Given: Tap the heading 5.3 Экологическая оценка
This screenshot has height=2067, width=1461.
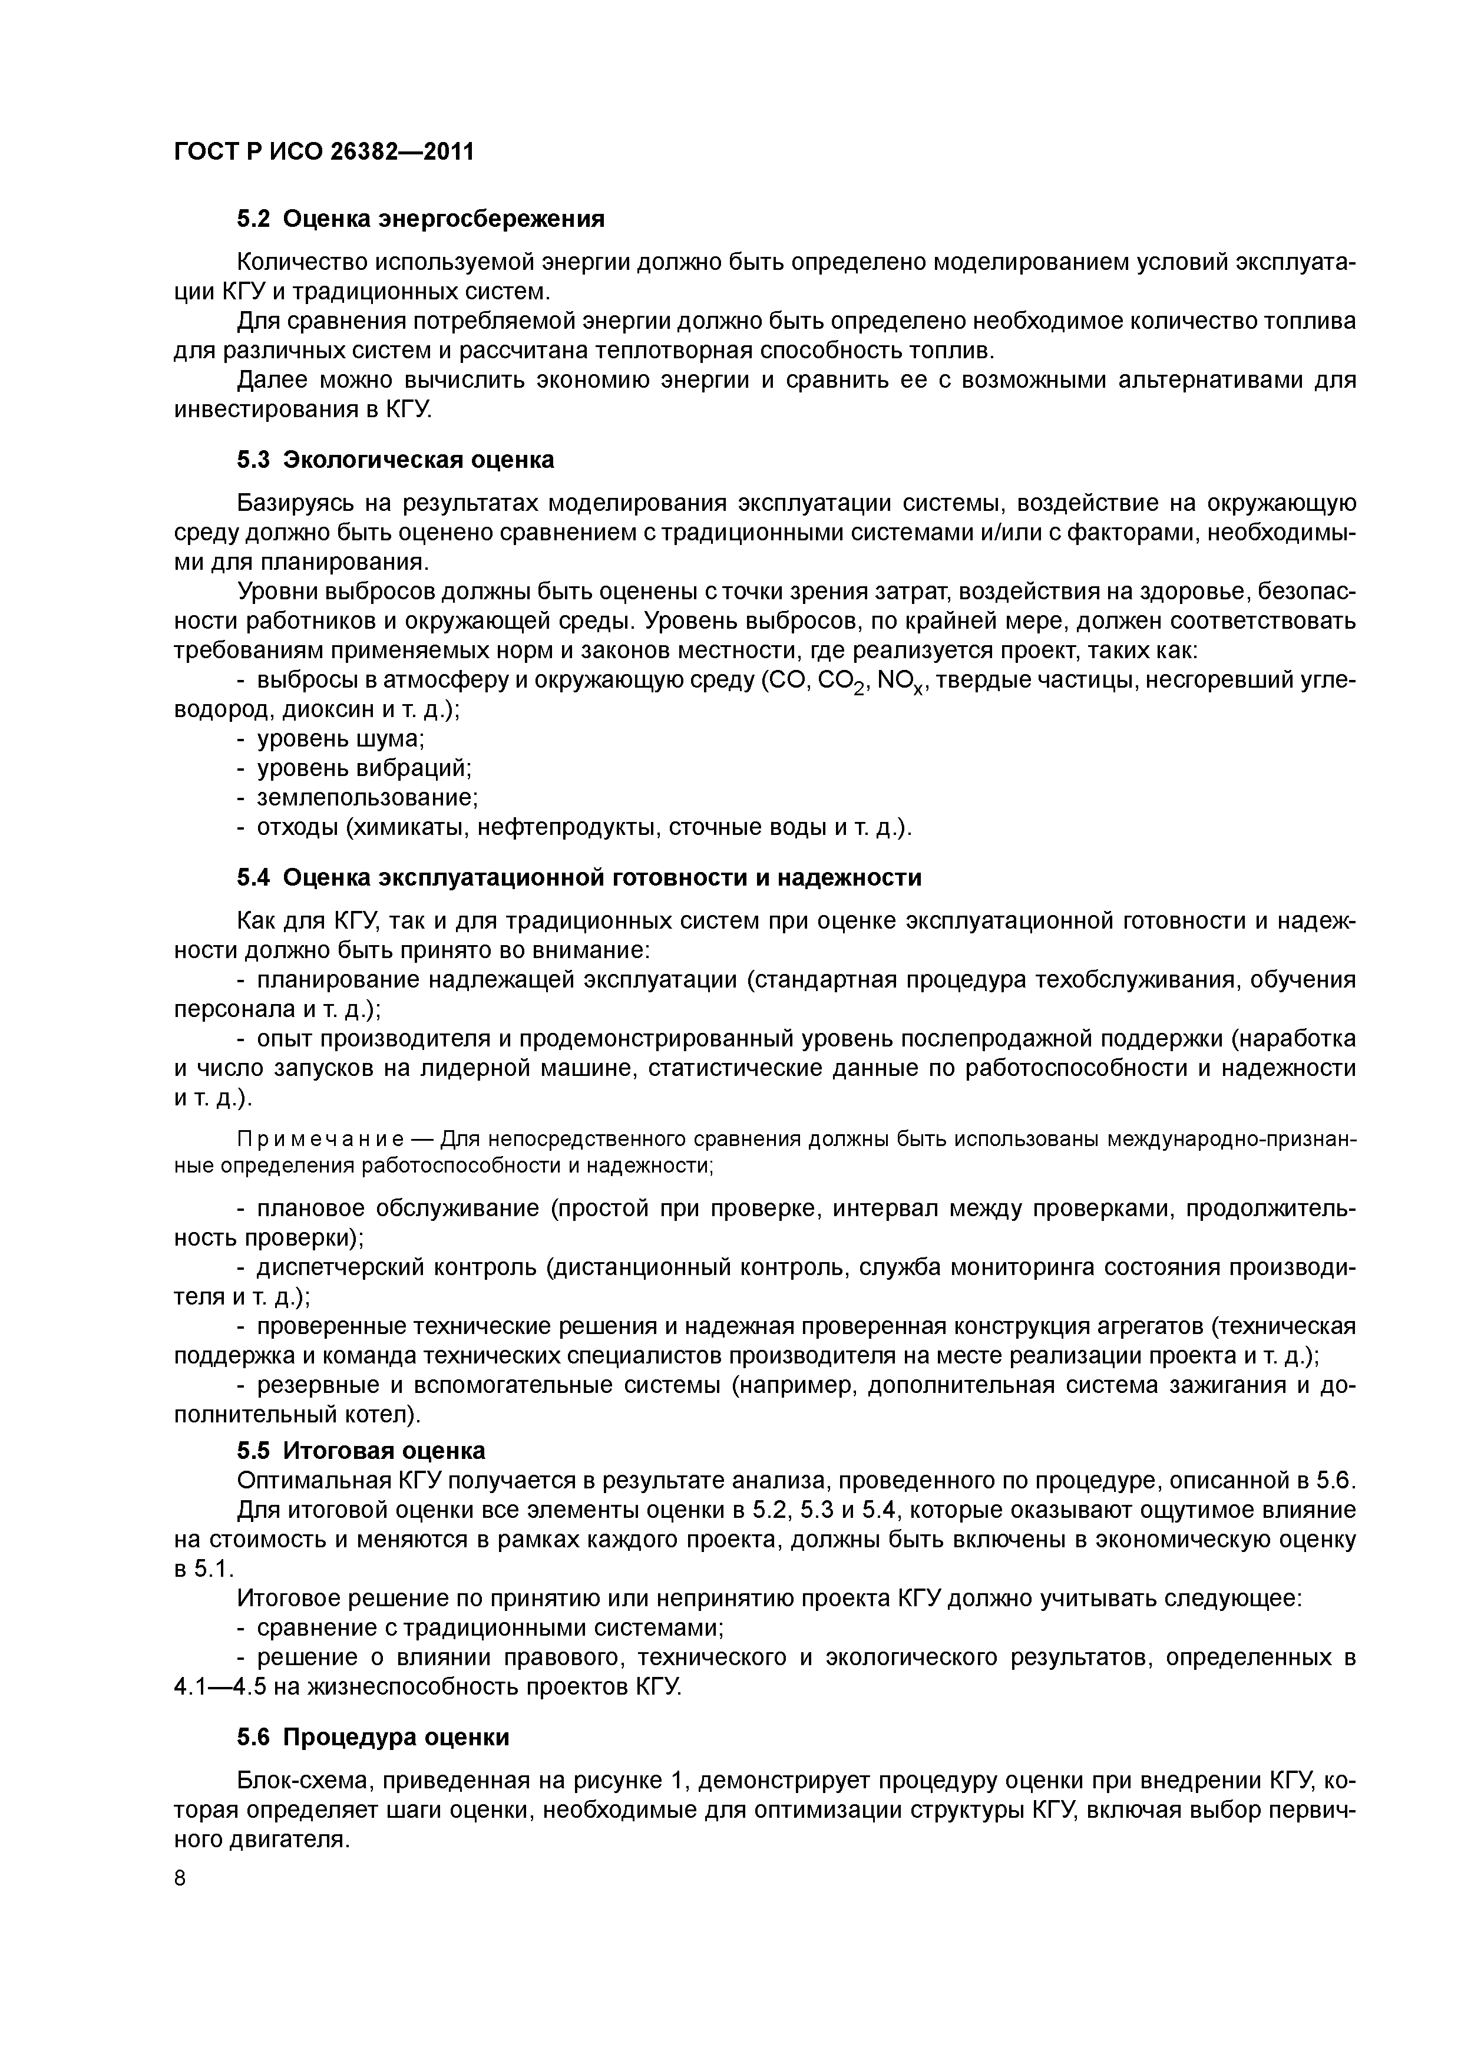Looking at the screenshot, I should click(x=395, y=460).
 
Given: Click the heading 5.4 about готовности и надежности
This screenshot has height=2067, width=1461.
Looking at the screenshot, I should click(x=579, y=878).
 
